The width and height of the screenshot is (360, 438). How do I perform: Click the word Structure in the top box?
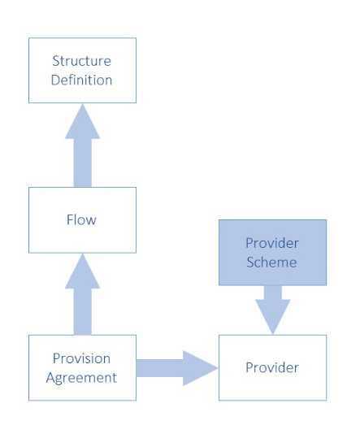[81, 61]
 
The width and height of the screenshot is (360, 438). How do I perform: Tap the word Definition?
[81, 80]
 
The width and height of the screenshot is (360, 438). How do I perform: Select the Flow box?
[81, 219]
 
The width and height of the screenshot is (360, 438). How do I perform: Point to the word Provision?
[81, 358]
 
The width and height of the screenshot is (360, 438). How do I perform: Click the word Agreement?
[81, 377]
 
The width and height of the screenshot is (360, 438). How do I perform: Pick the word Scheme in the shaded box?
[272, 262]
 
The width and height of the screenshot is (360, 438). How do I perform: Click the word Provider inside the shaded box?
[272, 244]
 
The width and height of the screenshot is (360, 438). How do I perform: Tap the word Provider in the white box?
[272, 368]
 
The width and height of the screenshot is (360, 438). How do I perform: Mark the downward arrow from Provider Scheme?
[272, 307]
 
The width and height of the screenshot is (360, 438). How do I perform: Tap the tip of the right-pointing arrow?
[216, 368]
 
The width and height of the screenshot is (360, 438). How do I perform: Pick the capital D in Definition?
[54, 80]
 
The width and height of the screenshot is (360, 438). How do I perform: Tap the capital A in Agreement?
[50, 377]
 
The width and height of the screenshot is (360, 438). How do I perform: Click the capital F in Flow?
[69, 219]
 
